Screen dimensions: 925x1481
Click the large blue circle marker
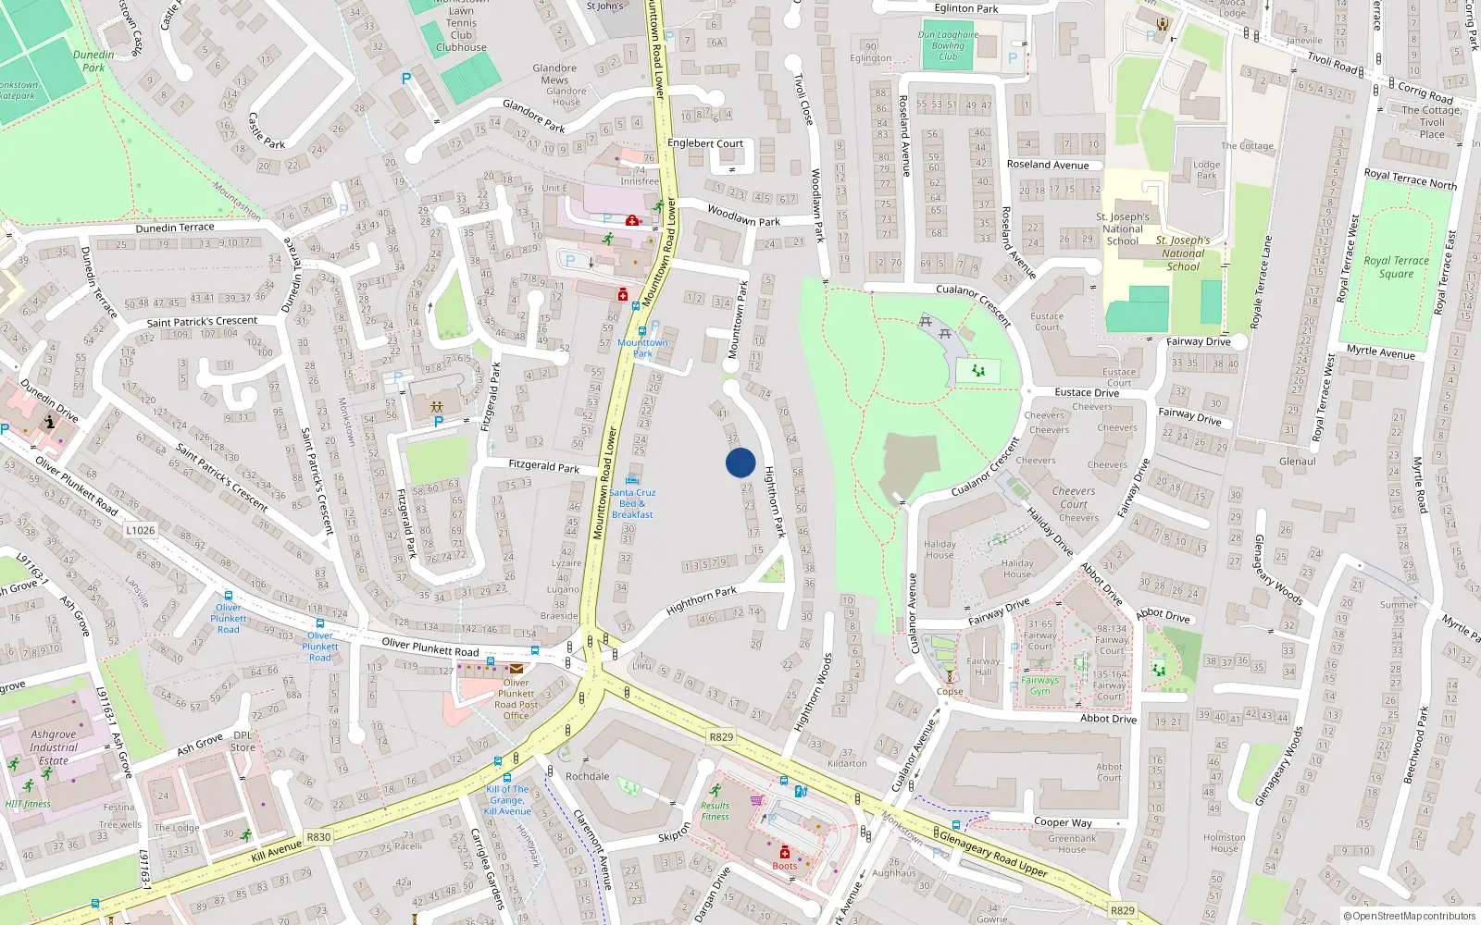[740, 462]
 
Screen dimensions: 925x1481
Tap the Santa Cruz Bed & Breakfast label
[632, 503]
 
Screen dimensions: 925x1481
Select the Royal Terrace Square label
[1396, 267]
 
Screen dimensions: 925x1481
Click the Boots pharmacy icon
[784, 852]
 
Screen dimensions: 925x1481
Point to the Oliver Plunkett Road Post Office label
[516, 698]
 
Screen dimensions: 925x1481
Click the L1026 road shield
[141, 530]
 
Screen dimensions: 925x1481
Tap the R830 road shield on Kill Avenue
[318, 837]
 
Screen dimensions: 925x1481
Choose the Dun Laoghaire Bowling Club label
[948, 45]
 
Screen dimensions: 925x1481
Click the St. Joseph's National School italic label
[1183, 253]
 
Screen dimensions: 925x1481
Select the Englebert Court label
[705, 143]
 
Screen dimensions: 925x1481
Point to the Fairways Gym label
[1040, 685]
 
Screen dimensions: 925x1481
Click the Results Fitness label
[715, 811]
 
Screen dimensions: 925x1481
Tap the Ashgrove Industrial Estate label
[54, 747]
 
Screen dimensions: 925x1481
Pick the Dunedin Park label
[93, 61]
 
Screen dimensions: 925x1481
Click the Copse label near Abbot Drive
[950, 691]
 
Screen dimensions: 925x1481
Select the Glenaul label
[1297, 462]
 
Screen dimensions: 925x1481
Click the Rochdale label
[588, 776]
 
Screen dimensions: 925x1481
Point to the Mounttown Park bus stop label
[642, 348]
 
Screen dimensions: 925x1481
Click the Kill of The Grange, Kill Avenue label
[508, 800]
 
